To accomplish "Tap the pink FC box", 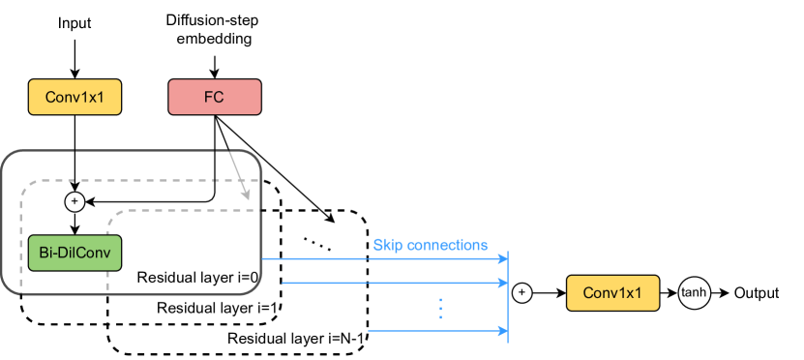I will click(x=216, y=97).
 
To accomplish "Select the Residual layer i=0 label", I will click(x=197, y=278).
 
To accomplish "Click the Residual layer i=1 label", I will click(x=219, y=308).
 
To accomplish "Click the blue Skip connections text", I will click(x=431, y=245).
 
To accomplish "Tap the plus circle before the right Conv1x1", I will click(x=521, y=291).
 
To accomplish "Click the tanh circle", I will click(x=693, y=291).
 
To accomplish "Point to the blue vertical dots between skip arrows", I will click(x=440, y=308).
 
